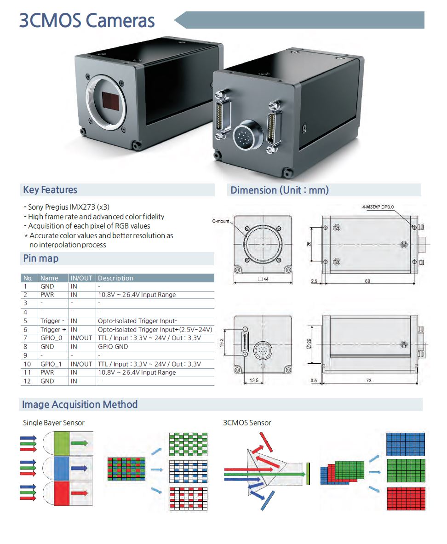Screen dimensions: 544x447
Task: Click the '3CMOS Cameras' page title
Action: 87,21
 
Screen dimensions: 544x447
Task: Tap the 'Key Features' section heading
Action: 50,190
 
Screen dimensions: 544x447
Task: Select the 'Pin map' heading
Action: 41,258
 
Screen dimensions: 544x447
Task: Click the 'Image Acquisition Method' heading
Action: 80,405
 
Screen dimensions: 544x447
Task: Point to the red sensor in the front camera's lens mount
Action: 111,101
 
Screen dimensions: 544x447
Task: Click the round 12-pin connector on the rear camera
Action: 242,136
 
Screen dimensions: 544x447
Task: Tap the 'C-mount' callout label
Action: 221,222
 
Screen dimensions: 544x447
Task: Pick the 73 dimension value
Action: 369,380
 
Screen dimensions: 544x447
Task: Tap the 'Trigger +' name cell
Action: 53,330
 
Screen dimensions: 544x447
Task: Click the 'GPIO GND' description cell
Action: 113,347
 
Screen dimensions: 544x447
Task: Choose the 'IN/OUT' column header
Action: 81,278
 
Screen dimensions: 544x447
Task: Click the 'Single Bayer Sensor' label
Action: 54,423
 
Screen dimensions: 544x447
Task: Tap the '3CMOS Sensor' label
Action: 247,423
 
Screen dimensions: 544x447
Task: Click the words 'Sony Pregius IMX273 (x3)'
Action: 69,207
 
